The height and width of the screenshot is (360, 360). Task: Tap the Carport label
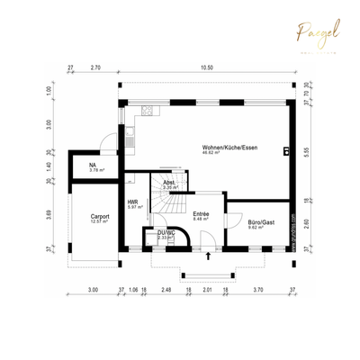coord(99,216)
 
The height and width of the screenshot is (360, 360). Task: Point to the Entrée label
coord(201,213)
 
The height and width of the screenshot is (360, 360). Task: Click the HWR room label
coord(132,202)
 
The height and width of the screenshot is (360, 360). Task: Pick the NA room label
coord(93,166)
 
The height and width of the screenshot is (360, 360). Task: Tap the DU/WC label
coord(166,232)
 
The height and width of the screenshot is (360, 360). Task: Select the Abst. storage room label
coord(168,183)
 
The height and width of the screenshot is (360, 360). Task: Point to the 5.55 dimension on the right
coord(306,154)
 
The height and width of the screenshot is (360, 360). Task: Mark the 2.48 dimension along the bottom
coord(166,291)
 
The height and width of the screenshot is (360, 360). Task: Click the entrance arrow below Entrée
coord(209,256)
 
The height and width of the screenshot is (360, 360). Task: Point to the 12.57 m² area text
coord(99,222)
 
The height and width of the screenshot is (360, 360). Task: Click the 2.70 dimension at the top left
coord(95,67)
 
